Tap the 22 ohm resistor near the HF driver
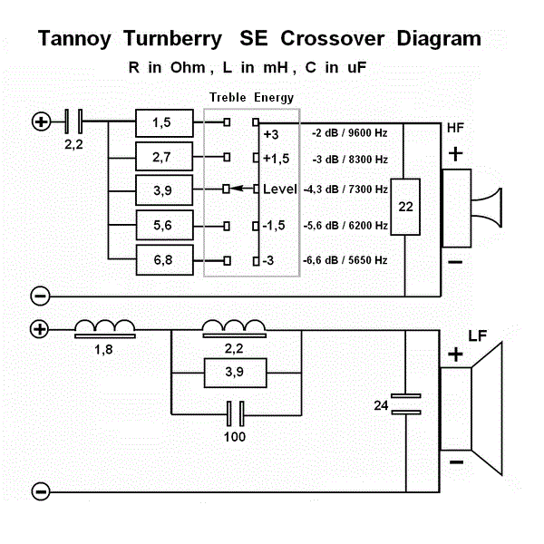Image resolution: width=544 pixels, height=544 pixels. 405,207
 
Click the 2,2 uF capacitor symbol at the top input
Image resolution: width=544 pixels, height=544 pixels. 75,119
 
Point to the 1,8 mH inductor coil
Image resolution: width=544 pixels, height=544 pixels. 104,328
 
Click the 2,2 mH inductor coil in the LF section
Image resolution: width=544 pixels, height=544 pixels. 234,326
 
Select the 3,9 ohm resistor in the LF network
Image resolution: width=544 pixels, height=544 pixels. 234,372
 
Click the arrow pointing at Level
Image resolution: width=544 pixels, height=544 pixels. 245,189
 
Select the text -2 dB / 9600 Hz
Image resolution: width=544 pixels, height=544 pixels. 345,134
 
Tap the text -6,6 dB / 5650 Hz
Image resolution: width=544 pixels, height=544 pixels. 345,260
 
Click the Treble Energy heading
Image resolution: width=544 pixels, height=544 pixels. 251,98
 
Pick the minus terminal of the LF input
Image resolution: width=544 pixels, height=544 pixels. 40,491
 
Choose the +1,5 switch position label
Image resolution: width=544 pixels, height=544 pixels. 276,160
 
